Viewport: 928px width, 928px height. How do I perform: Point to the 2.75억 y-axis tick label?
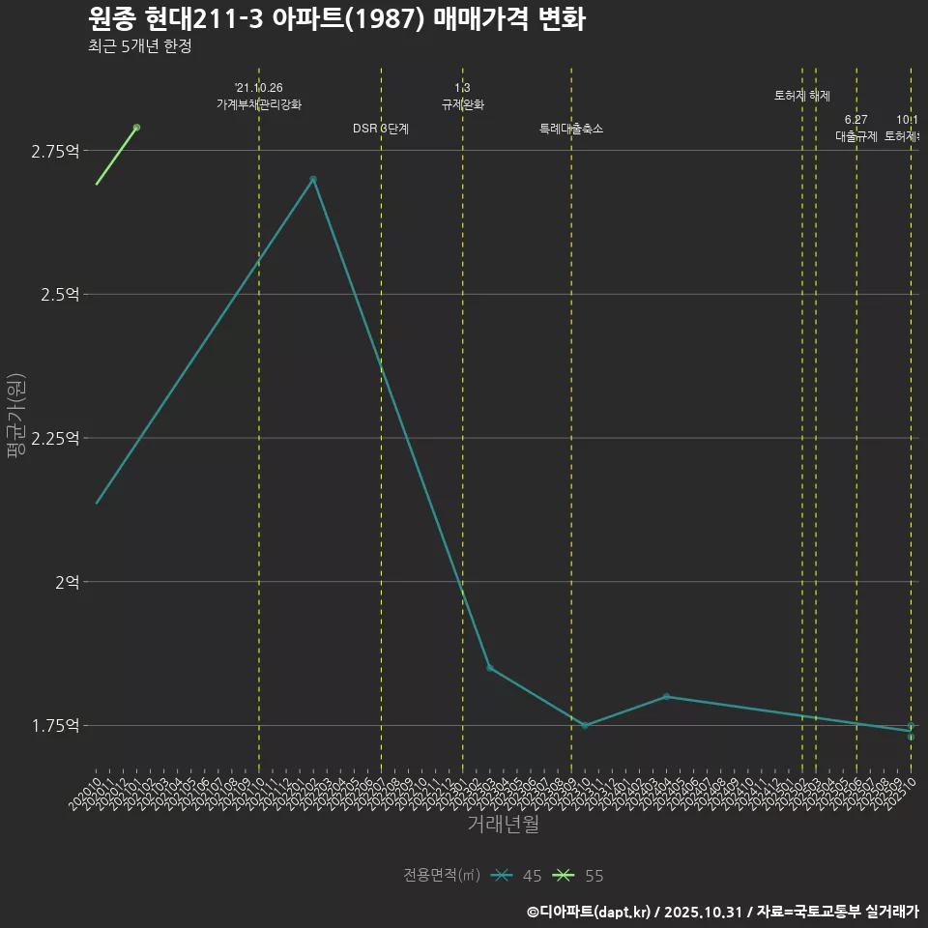[x=55, y=151]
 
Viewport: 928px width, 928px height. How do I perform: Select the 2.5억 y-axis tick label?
[x=59, y=295]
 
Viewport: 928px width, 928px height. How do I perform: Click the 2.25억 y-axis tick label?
[x=55, y=438]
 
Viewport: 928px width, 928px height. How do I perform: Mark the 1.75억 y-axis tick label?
[x=55, y=726]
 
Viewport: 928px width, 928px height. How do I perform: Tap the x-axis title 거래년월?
[x=503, y=825]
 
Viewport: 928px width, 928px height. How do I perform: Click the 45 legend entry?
[x=517, y=876]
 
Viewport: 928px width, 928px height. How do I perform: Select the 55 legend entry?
[x=579, y=876]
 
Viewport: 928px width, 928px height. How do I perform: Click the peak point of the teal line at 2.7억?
[x=313, y=180]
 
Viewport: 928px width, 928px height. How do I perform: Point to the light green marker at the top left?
[x=136, y=128]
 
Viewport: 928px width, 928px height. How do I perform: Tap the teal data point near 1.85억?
[x=489, y=668]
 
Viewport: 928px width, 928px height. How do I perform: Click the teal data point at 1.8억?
[x=666, y=697]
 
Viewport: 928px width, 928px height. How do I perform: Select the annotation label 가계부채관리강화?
[x=259, y=104]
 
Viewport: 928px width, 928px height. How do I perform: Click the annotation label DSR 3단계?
[x=381, y=129]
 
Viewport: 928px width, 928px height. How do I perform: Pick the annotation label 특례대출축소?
[x=571, y=129]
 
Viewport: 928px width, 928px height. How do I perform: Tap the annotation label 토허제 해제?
[x=802, y=96]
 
